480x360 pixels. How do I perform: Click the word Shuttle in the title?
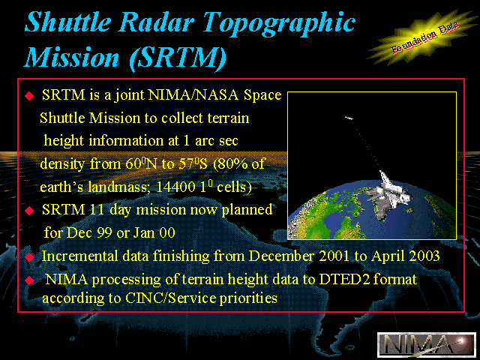pyautogui.click(x=68, y=22)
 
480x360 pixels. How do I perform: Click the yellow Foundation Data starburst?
pyautogui.click(x=424, y=37)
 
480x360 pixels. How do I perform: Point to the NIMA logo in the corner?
pyautogui.click(x=427, y=345)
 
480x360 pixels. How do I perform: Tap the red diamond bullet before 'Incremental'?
pyautogui.click(x=29, y=256)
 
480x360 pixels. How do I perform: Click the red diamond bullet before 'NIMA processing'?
pyautogui.click(x=29, y=280)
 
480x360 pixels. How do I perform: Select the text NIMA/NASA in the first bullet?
pyautogui.click(x=193, y=95)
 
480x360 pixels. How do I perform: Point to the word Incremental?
pyautogui.click(x=79, y=256)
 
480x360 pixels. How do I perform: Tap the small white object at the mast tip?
pyautogui.click(x=349, y=118)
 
